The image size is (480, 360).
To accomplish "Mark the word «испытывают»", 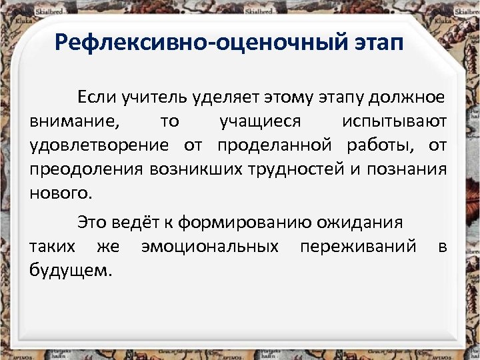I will [x=394, y=123].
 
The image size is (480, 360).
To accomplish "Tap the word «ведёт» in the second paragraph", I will [x=134, y=223].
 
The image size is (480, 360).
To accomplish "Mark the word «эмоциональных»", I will [x=209, y=247].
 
